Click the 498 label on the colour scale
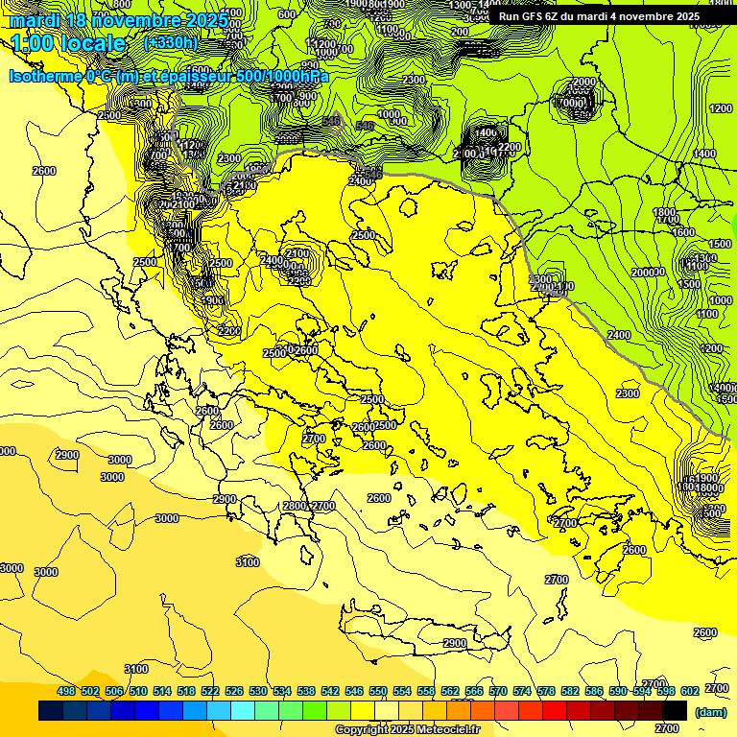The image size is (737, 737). pos(66,691)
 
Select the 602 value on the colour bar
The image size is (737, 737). pos(690,691)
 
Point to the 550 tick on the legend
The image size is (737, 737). pos(378,691)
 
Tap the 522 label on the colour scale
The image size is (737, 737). pos(210,691)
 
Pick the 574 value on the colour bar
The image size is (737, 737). pos(522,691)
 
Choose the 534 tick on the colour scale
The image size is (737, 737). pos(282,691)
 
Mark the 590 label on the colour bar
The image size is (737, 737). pos(618,691)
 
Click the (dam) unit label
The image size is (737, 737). pos(710,712)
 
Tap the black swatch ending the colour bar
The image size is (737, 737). pos(675,711)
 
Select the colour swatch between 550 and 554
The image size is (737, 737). pos(387,711)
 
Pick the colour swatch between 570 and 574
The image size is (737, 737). pos(507,711)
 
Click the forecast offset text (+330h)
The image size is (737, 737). pos(170,42)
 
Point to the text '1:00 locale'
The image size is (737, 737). pos(68,43)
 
